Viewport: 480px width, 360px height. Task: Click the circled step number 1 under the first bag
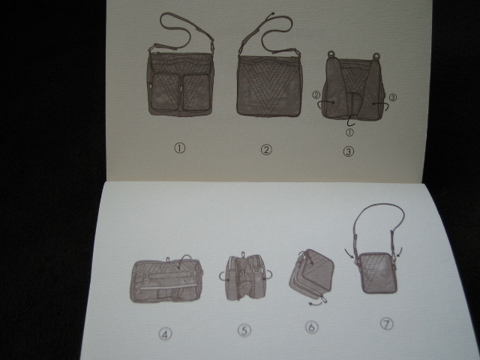pos(180,148)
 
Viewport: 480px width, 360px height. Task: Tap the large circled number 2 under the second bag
pos(266,150)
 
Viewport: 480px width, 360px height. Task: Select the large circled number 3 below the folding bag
pos(348,151)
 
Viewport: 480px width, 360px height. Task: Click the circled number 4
pos(165,334)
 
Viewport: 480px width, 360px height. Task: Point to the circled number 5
pos(244,330)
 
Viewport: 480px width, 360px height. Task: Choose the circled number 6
pos(312,327)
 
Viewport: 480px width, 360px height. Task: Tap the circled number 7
pos(387,323)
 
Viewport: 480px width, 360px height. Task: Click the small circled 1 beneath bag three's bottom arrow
pos(349,132)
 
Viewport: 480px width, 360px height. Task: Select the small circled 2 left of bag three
pos(316,95)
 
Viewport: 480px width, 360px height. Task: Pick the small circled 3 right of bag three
pos(393,97)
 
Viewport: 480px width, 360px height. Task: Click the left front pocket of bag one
pos(165,91)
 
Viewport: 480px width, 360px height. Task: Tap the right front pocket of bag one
pos(196,92)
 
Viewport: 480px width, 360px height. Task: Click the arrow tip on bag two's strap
pos(273,13)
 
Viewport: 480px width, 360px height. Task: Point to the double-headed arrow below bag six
pos(316,303)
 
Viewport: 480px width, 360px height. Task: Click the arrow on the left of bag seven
pos(350,253)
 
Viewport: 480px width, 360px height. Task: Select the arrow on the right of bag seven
pos(399,252)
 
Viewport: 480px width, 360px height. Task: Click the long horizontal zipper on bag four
pos(167,287)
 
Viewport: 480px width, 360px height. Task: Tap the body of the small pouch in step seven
pos(378,272)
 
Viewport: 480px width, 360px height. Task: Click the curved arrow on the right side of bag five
pos(268,275)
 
